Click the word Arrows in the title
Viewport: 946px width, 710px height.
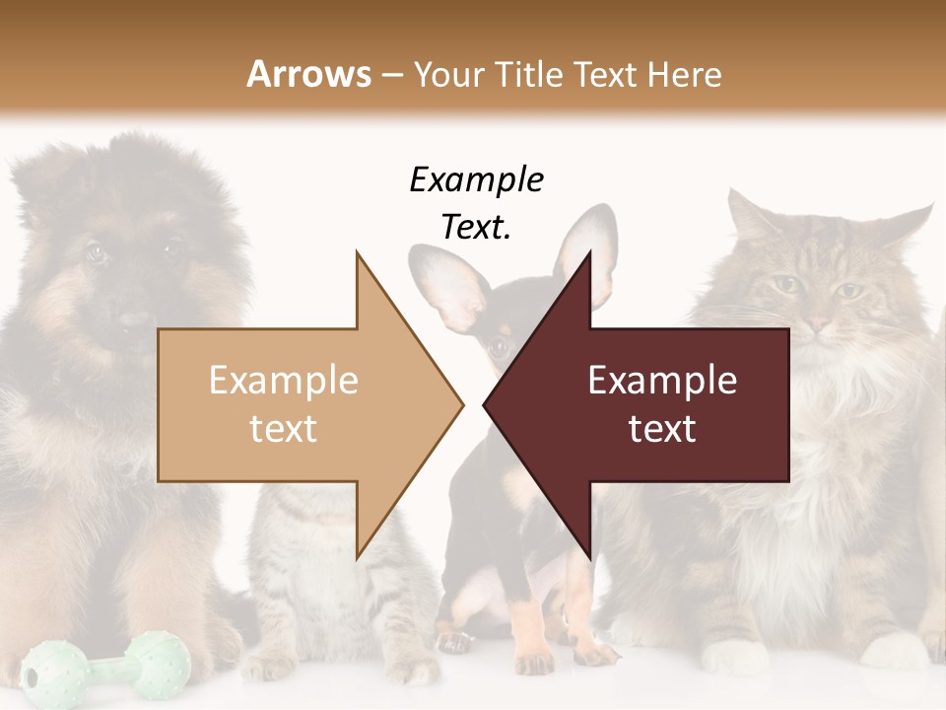click(x=308, y=74)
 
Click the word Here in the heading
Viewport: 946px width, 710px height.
click(x=686, y=74)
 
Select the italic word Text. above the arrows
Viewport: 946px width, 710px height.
click(x=476, y=227)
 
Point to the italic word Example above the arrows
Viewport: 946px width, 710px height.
click(x=476, y=180)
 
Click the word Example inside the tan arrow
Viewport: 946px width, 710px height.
click(x=283, y=380)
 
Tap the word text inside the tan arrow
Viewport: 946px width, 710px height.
click(x=283, y=429)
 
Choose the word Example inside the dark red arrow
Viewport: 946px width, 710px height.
click(x=662, y=380)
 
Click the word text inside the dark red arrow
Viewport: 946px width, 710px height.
click(x=662, y=429)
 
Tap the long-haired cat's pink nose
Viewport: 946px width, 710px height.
click(x=818, y=323)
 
